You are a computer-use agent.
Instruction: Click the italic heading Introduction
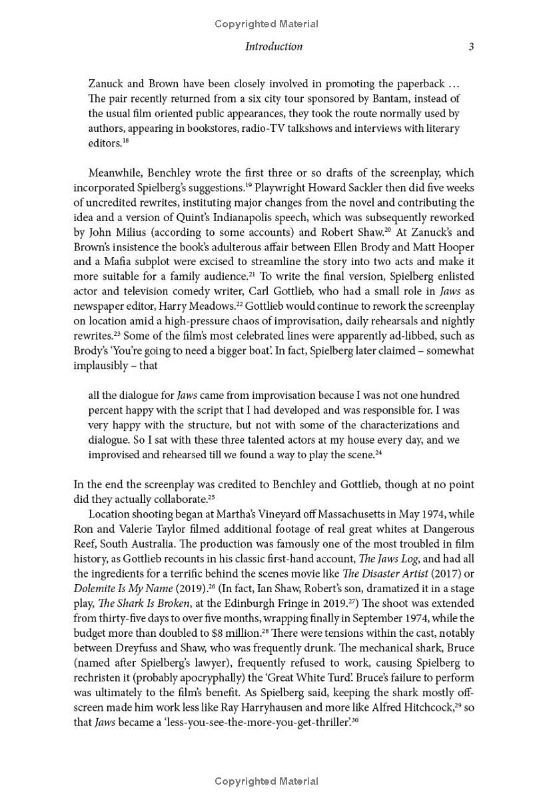tap(273, 47)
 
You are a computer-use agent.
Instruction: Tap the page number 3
tap(471, 47)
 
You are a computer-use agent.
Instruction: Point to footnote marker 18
tap(125, 141)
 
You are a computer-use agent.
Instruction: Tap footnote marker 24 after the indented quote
tap(378, 453)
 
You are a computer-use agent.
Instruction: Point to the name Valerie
tap(141, 529)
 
